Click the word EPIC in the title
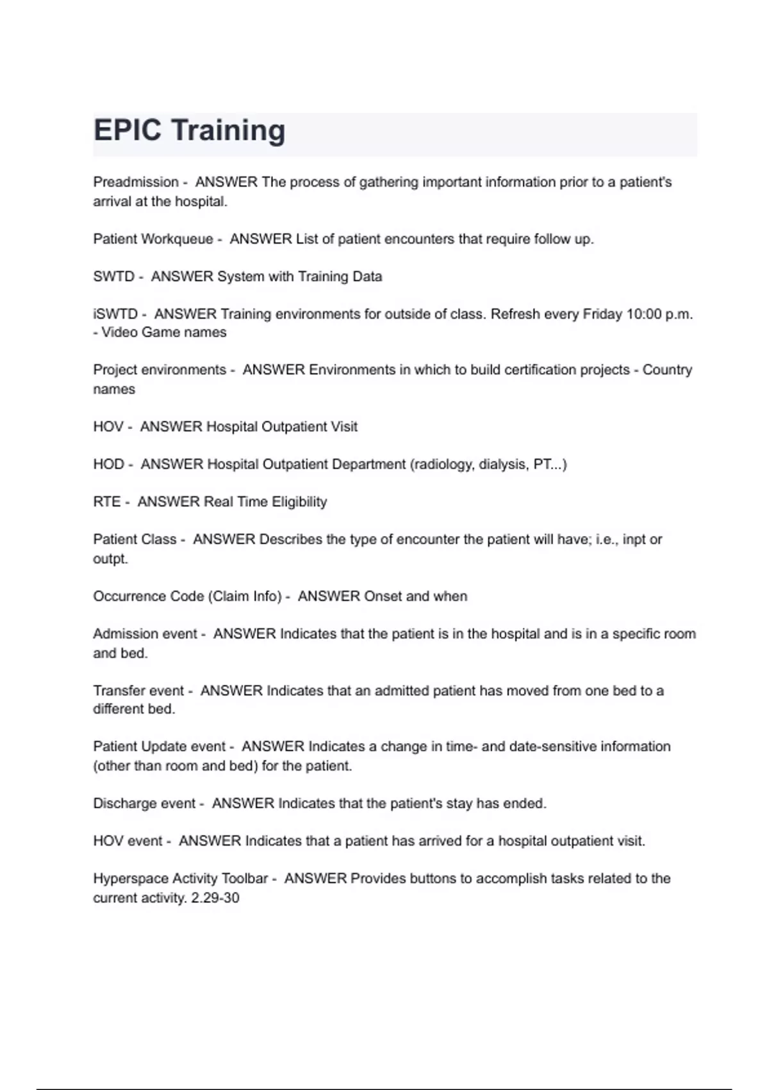coord(127,130)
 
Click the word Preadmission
coord(136,182)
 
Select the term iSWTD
coord(115,314)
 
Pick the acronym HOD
coord(108,464)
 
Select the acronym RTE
coord(106,502)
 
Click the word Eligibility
coord(299,502)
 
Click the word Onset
coord(383,596)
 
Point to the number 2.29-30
coord(215,898)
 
